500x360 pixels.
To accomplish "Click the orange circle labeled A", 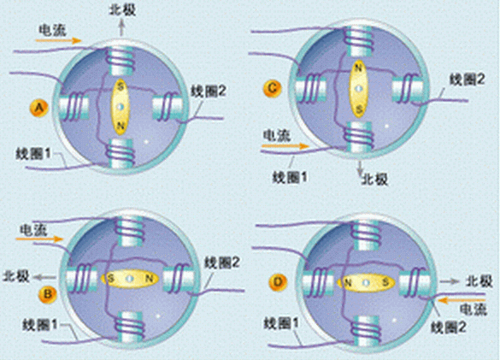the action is point(39,109).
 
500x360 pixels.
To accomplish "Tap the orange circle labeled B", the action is point(48,294).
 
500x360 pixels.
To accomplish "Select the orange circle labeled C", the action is point(273,88).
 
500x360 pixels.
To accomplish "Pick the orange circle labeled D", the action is point(279,282).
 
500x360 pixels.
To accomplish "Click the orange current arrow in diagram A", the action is point(58,40).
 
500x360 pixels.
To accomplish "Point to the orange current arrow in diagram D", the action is point(462,300).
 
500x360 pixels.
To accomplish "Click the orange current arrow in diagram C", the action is point(285,146).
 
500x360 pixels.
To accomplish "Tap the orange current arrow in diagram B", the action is point(39,239).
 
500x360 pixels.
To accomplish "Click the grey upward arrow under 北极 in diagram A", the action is point(121,27).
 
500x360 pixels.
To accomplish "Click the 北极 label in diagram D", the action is point(479,280).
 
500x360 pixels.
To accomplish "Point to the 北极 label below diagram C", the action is point(374,180).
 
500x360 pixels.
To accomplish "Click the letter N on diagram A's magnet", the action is point(121,126).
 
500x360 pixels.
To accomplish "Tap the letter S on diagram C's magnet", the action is point(359,110).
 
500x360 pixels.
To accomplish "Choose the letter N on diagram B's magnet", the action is point(149,279).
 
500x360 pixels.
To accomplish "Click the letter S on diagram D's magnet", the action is point(385,282).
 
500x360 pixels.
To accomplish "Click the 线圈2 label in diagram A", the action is point(209,91).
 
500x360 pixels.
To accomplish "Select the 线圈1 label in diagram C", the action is point(290,176).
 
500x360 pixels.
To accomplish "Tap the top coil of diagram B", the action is point(129,231).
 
